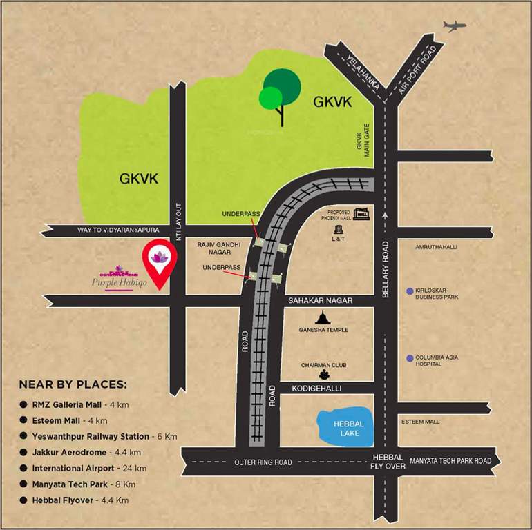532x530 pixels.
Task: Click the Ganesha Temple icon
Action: (x=322, y=317)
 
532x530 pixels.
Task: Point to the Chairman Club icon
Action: (x=323, y=375)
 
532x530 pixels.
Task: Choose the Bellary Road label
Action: (x=386, y=270)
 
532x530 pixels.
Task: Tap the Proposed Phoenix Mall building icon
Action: (x=361, y=214)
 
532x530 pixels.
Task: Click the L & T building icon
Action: (x=339, y=228)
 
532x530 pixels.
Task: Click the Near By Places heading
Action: (x=73, y=384)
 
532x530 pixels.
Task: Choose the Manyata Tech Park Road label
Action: (x=450, y=461)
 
